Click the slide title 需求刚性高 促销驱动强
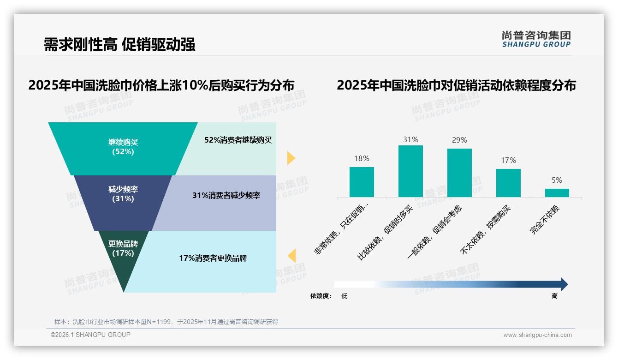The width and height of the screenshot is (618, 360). [119, 44]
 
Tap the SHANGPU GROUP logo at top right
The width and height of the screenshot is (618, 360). [536, 39]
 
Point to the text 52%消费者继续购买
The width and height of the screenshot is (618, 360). [238, 140]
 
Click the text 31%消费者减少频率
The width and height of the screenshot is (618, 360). [226, 196]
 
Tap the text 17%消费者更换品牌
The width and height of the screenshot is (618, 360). [213, 258]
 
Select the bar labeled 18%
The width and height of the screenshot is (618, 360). [362, 182]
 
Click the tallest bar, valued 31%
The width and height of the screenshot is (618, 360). [410, 171]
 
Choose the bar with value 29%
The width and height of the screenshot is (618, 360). [459, 173]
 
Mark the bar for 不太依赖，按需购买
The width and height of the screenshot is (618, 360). [508, 183]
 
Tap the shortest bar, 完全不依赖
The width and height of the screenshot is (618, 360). [557, 193]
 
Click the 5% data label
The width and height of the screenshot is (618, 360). [557, 180]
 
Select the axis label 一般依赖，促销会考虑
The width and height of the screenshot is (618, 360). [434, 233]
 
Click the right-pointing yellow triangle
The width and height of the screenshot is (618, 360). [291, 158]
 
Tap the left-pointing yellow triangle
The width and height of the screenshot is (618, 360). [291, 256]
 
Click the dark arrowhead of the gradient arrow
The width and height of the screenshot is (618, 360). [564, 284]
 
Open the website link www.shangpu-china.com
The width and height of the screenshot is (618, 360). [537, 335]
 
